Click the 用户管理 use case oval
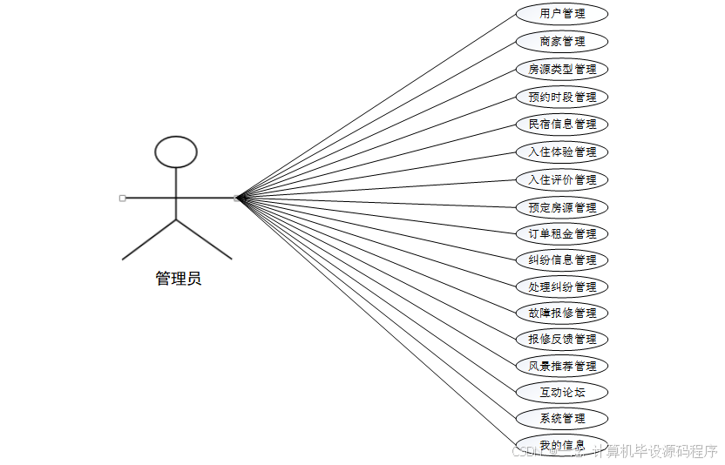[562, 14]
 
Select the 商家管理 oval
[562, 41]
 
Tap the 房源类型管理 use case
[562, 69]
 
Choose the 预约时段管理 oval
[562, 97]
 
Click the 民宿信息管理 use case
[562, 124]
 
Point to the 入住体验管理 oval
[562, 152]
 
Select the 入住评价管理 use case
[562, 179]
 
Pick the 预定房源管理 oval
[562, 207]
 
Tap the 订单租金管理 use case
[562, 233]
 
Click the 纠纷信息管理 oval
[562, 259]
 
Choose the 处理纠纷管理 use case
[562, 286]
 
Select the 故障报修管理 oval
[562, 313]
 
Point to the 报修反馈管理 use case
[562, 339]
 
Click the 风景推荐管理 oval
[562, 366]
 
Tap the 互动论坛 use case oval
[562, 392]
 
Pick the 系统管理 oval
[562, 418]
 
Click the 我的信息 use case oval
[562, 445]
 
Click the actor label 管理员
[178, 279]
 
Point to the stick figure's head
[176, 152]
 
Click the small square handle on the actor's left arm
[122, 199]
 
